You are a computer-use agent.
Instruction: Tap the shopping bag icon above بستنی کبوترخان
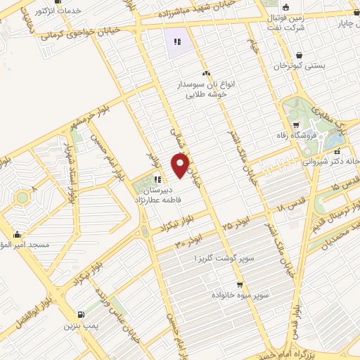click(300, 54)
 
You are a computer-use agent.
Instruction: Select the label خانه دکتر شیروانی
click(330, 160)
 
